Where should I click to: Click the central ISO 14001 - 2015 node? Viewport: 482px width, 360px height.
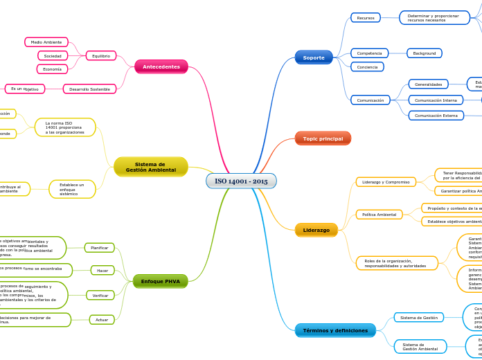(241, 181)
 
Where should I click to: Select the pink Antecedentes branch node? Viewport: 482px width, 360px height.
(161, 67)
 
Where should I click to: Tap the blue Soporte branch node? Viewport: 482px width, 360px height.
(314, 57)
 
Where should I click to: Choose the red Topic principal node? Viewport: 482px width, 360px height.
(323, 138)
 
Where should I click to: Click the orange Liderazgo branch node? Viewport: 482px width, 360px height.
(316, 230)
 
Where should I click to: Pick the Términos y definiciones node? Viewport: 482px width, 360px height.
(335, 330)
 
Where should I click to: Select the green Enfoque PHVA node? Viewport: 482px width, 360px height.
(160, 281)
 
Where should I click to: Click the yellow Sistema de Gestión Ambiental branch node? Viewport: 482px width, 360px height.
(151, 167)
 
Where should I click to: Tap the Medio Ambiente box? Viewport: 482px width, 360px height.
(46, 42)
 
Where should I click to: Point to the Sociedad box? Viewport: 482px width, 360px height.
(53, 55)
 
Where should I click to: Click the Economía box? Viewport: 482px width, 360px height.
(52, 69)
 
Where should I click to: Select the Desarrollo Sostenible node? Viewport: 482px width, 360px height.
(89, 89)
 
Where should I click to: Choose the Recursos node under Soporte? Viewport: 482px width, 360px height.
(366, 18)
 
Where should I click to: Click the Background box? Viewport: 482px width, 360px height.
(425, 53)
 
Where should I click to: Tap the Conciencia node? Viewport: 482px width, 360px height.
(367, 67)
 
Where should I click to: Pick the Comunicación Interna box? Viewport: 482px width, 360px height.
(436, 100)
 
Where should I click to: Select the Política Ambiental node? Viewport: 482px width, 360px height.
(379, 215)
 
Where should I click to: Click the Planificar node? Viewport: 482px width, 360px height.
(100, 248)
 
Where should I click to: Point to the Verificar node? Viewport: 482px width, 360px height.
(100, 296)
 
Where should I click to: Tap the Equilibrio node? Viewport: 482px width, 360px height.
(101, 56)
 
